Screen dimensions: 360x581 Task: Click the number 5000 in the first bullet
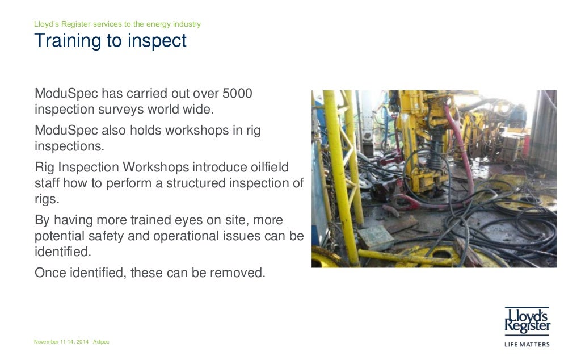coord(237,93)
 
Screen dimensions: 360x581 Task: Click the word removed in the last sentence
coord(237,273)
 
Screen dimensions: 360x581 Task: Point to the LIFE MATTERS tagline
coord(527,344)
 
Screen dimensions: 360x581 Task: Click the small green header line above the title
coord(117,24)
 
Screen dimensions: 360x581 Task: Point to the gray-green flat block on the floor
coord(375,237)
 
